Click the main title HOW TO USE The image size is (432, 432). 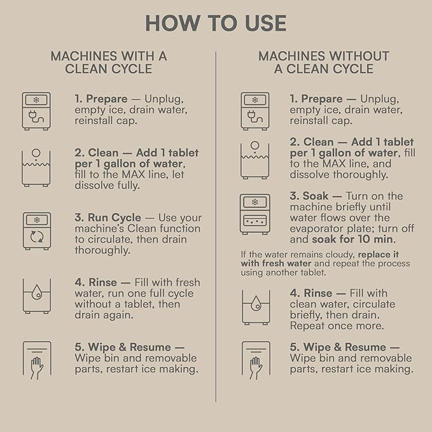(x=216, y=24)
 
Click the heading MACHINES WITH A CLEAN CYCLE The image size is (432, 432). (x=109, y=62)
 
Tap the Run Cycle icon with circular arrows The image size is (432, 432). (x=36, y=230)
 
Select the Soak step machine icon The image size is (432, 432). (x=255, y=214)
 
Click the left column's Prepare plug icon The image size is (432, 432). (x=36, y=111)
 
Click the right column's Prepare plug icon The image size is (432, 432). (x=255, y=111)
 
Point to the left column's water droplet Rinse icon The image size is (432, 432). (x=36, y=295)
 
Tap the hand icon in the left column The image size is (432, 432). (x=36, y=360)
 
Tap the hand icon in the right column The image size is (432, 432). (x=255, y=360)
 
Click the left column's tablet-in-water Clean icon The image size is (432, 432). (x=36, y=167)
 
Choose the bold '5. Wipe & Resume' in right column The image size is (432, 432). (x=345, y=347)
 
